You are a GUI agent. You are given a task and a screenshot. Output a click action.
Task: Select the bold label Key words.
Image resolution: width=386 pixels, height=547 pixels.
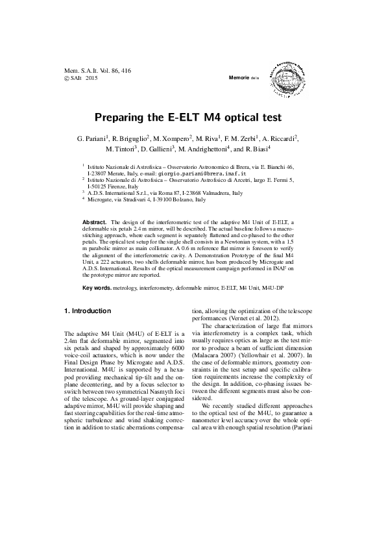coord(97,286)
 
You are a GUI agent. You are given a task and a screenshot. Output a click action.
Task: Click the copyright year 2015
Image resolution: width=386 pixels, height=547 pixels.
coord(90,77)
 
